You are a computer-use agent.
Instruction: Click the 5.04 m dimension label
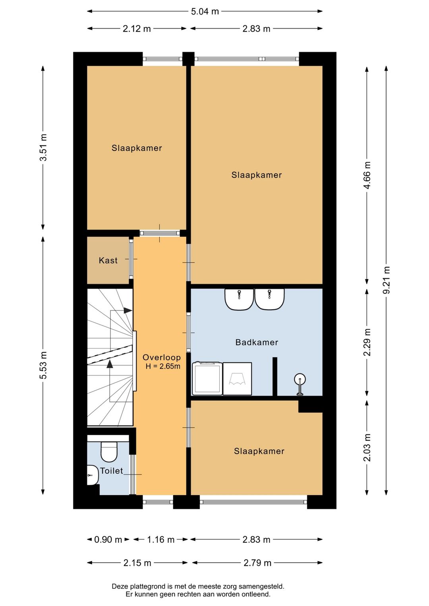[205, 12]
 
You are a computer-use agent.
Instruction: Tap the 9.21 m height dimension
[386, 280]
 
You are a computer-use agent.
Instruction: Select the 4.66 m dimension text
[367, 175]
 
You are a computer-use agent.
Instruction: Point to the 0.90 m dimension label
[108, 539]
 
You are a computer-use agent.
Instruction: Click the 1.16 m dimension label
[160, 539]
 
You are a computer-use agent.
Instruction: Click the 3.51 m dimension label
[43, 147]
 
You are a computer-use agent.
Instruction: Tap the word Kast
[108, 261]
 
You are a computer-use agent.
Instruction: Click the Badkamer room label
[257, 342]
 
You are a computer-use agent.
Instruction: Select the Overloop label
[162, 357]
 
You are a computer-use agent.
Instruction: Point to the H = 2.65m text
[163, 367]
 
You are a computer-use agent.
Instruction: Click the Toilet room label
[112, 471]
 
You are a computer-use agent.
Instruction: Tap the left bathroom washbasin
[239, 299]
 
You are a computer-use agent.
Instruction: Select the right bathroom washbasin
[269, 299]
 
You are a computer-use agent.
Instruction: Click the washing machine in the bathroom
[207, 378]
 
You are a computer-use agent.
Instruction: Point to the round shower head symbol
[300, 379]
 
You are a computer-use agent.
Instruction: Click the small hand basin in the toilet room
[93, 475]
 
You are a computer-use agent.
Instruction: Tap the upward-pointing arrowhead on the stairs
[110, 364]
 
